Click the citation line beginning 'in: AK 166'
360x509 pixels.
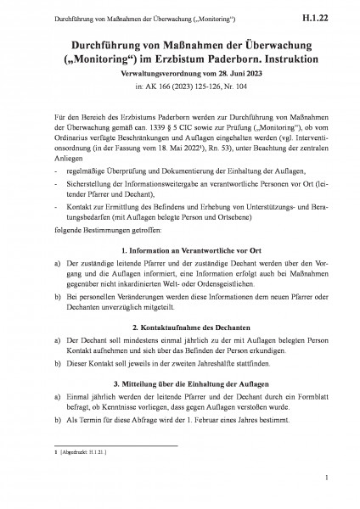coord(180,87)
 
